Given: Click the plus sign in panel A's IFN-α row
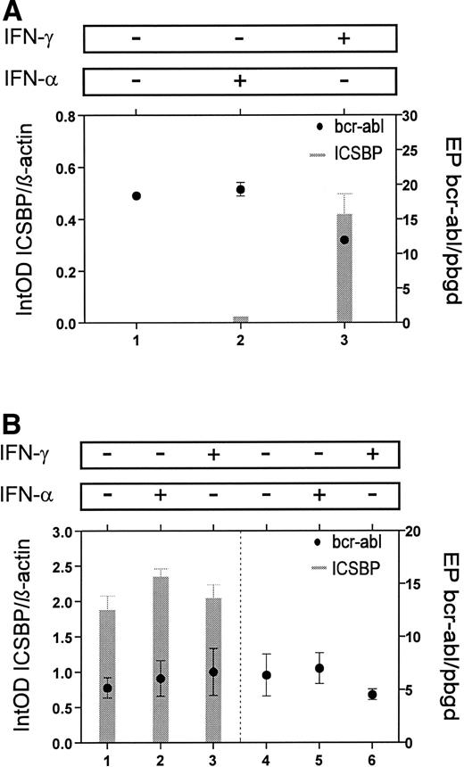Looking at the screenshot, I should [x=240, y=80].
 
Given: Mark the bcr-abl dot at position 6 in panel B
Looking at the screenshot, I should [x=373, y=694].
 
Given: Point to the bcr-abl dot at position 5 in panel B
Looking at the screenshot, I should [x=319, y=668].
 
